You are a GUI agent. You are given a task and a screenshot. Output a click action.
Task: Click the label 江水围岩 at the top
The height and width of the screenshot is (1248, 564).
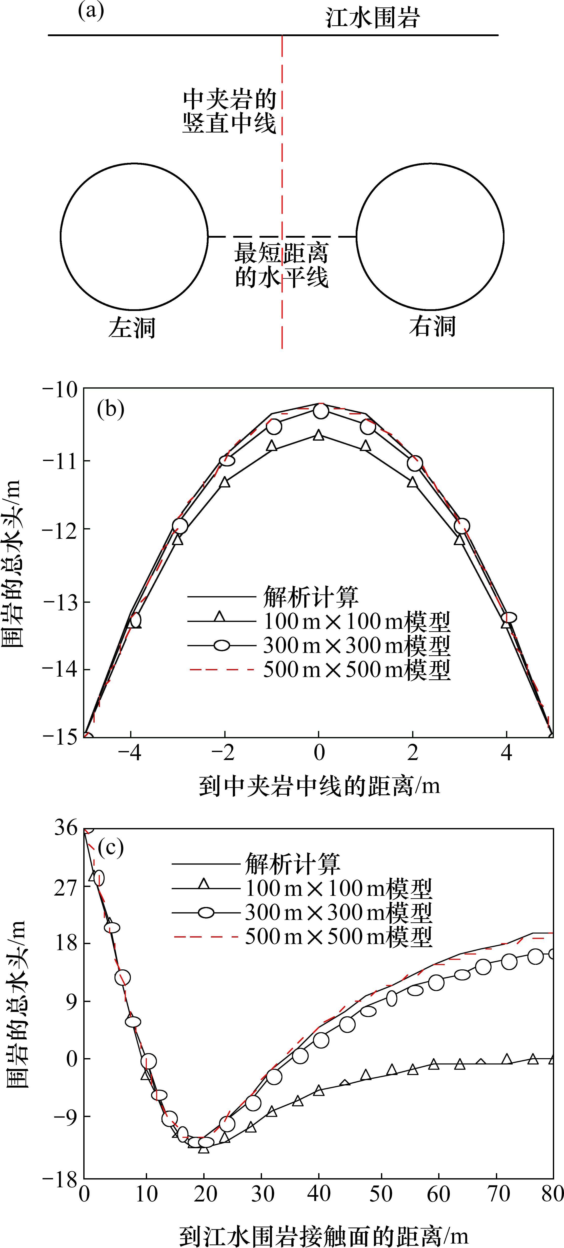coord(372,18)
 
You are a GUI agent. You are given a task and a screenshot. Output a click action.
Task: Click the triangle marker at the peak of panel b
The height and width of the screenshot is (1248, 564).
coord(319,436)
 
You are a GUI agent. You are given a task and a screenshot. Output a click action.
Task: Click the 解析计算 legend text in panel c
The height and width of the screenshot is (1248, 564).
coord(292,863)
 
